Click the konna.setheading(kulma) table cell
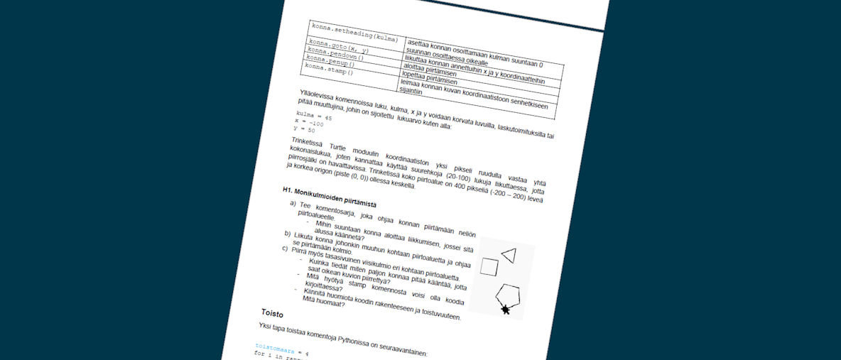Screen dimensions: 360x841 (353, 31)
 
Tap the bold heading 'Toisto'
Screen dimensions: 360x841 (273, 312)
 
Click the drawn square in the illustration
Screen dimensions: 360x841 (489, 266)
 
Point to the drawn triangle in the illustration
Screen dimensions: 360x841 (509, 255)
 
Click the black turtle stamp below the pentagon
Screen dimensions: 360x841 (505, 309)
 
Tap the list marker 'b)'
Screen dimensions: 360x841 (288, 234)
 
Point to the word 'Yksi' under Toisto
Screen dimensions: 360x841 (267, 326)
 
